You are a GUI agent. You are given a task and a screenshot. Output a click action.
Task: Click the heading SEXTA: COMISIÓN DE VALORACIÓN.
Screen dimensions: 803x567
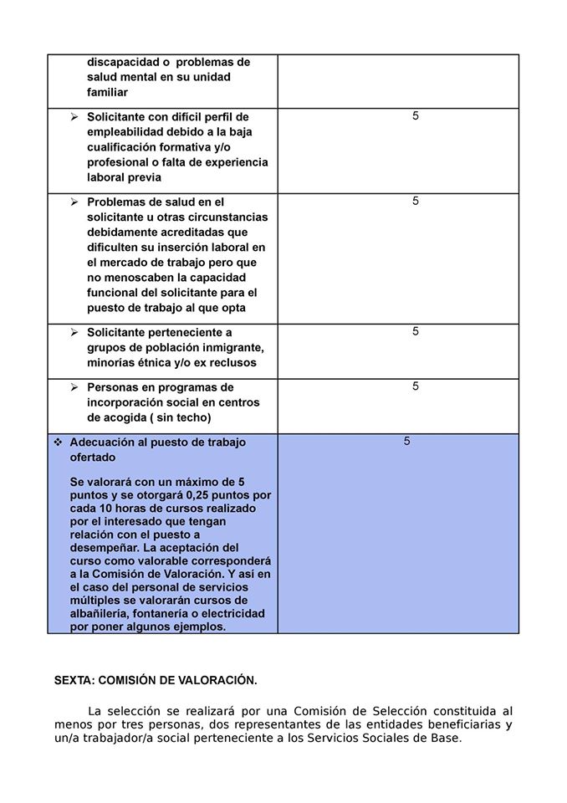tap(156, 680)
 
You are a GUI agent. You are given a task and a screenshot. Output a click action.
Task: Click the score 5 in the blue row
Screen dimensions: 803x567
tap(407, 441)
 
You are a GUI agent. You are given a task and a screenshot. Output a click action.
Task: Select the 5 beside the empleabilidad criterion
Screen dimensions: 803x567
tap(416, 116)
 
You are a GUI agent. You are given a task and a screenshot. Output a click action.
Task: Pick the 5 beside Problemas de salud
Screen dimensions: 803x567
tap(416, 201)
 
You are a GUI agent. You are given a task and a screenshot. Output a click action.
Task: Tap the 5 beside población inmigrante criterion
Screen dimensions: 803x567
tap(416, 331)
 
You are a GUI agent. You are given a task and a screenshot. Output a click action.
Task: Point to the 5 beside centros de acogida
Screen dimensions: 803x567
tap(416, 386)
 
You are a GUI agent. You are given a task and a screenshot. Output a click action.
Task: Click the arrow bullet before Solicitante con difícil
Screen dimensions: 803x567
tap(74, 117)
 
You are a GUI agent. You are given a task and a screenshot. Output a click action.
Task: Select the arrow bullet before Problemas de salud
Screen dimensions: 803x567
tap(74, 202)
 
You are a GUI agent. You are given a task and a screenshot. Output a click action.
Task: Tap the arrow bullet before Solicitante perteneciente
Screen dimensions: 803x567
tap(74, 332)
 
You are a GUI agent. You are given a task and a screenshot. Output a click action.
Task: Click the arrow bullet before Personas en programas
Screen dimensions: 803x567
tap(74, 387)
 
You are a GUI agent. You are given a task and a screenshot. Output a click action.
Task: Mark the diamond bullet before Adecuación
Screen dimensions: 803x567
tap(59, 442)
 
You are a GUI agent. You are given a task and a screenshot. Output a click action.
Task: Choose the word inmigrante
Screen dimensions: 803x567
tap(228, 348)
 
